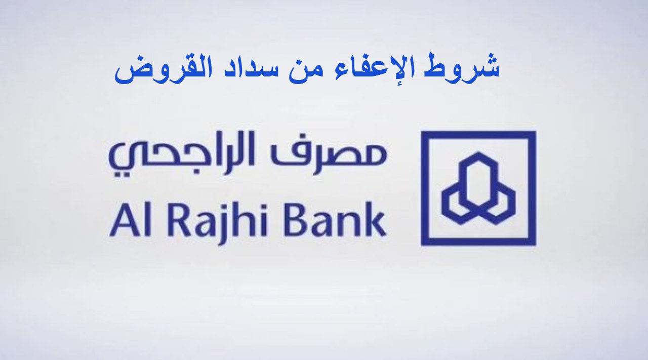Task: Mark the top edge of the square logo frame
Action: pos(478,135)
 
